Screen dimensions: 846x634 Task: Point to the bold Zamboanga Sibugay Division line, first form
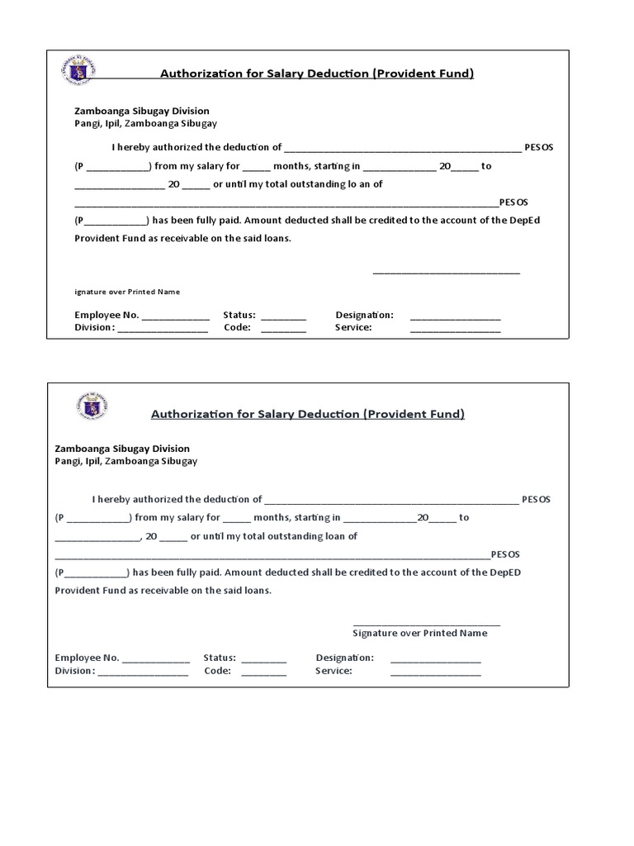pyautogui.click(x=142, y=111)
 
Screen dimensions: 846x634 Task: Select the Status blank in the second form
pyautogui.click(x=264, y=659)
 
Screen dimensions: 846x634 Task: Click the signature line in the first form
pyautogui.click(x=446, y=271)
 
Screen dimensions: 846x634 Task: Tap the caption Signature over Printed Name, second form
pyautogui.click(x=419, y=634)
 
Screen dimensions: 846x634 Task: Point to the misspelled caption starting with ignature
pyautogui.click(x=127, y=292)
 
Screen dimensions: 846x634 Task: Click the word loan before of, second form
pyautogui.click(x=331, y=536)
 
